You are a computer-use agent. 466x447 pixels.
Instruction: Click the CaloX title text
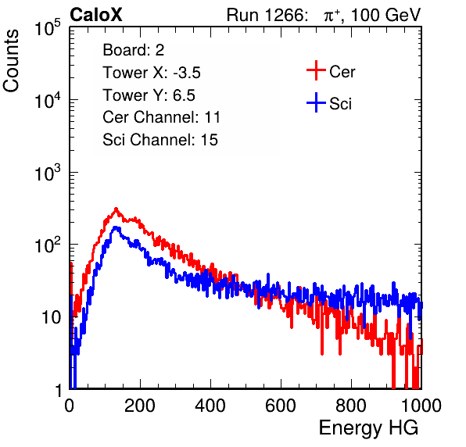(x=96, y=15)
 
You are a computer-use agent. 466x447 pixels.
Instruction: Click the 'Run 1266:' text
(x=267, y=15)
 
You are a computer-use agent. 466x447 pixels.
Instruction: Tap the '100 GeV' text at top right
(x=385, y=15)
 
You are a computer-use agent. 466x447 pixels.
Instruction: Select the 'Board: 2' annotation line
(x=134, y=50)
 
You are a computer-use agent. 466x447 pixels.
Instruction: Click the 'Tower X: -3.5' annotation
(x=152, y=73)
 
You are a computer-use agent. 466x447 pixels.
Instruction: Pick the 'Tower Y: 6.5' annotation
(x=149, y=95)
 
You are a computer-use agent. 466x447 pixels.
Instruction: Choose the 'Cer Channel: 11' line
(x=161, y=117)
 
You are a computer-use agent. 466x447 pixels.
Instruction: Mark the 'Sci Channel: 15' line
(x=160, y=140)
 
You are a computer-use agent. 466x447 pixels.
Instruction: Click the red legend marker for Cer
(x=316, y=70)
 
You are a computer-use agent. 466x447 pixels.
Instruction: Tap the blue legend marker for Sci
(x=316, y=103)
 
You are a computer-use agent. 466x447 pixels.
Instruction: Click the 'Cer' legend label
(x=342, y=72)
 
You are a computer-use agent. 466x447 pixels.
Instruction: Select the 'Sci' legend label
(x=341, y=104)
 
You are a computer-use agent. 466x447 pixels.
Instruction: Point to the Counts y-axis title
(x=11, y=61)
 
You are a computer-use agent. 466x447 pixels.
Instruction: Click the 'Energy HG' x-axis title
(x=368, y=428)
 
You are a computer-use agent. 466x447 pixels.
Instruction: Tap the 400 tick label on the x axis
(x=210, y=406)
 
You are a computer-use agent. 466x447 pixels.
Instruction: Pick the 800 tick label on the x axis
(x=351, y=406)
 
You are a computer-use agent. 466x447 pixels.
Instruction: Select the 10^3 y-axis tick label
(x=48, y=173)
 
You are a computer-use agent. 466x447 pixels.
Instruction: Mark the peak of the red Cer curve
(x=116, y=209)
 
